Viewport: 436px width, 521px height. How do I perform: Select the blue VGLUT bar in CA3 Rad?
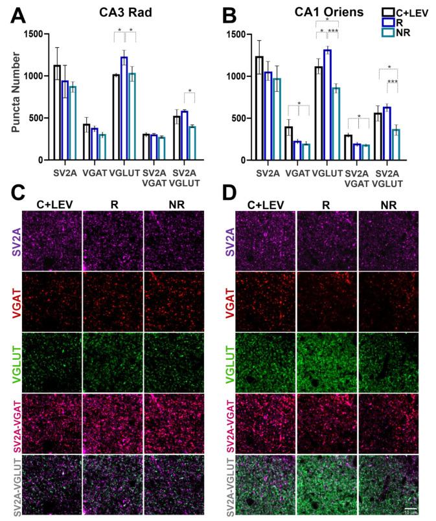click(124, 109)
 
